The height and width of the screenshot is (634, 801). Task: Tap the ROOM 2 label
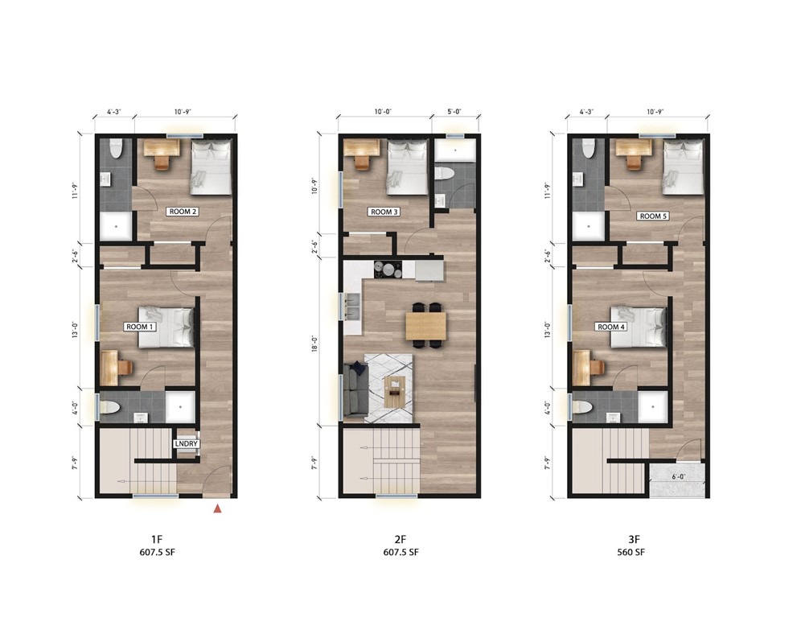pyautogui.click(x=183, y=212)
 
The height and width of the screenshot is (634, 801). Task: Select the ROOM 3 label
pyautogui.click(x=383, y=212)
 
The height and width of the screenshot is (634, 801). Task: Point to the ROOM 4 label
pyautogui.click(x=610, y=327)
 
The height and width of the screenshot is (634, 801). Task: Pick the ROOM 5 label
pyautogui.click(x=652, y=216)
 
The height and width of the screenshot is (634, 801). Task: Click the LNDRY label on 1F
pyautogui.click(x=186, y=443)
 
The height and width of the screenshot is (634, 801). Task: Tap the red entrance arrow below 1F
pyautogui.click(x=217, y=508)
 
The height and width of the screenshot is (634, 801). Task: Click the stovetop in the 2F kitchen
pyautogui.click(x=388, y=270)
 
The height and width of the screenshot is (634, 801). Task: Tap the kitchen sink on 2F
pyautogui.click(x=352, y=307)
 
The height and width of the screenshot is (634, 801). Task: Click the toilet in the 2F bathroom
pyautogui.click(x=444, y=173)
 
